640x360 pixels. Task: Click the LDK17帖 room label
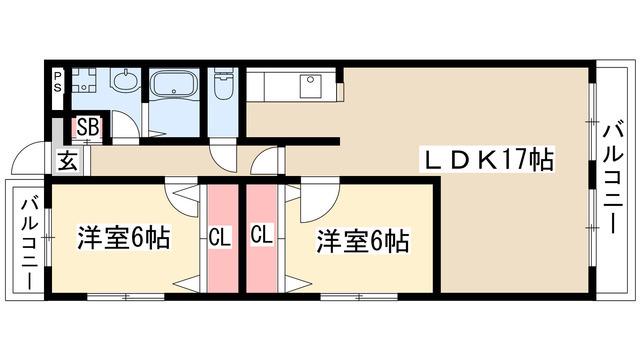tap(489, 160)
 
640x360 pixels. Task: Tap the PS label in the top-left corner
tap(58, 81)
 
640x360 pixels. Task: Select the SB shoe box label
tap(88, 127)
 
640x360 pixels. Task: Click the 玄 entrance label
tap(68, 160)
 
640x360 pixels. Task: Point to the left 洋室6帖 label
tap(124, 237)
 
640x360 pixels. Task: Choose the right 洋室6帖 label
tap(363, 241)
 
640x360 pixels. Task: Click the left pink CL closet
tap(222, 239)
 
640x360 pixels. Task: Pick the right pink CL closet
tap(262, 239)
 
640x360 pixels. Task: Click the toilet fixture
tap(223, 84)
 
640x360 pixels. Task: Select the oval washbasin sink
tap(124, 80)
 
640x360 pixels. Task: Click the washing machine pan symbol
tap(84, 80)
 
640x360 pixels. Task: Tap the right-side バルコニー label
tap(613, 178)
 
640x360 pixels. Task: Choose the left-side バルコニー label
tap(30, 244)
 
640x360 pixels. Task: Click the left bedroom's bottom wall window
tap(126, 297)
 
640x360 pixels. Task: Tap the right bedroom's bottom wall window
tap(359, 297)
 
